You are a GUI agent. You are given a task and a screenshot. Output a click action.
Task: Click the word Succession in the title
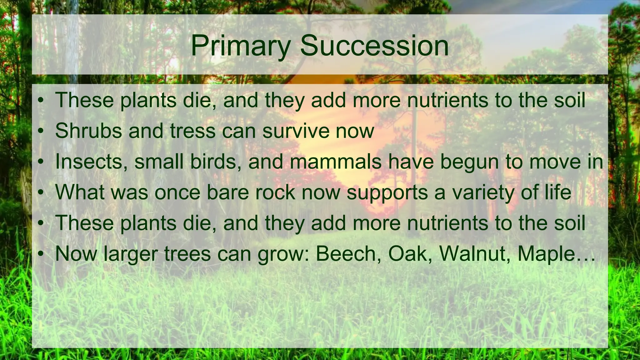pyautogui.click(x=374, y=46)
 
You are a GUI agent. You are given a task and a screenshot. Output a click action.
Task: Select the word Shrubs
pyautogui.click(x=88, y=131)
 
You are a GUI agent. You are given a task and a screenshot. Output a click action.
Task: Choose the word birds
pyautogui.click(x=213, y=162)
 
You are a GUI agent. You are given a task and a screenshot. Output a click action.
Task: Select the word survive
pyautogui.click(x=296, y=131)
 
